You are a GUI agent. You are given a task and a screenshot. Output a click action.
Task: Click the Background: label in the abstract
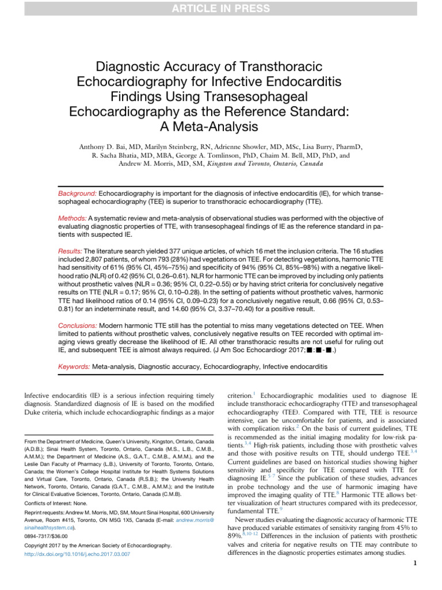[78, 195]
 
